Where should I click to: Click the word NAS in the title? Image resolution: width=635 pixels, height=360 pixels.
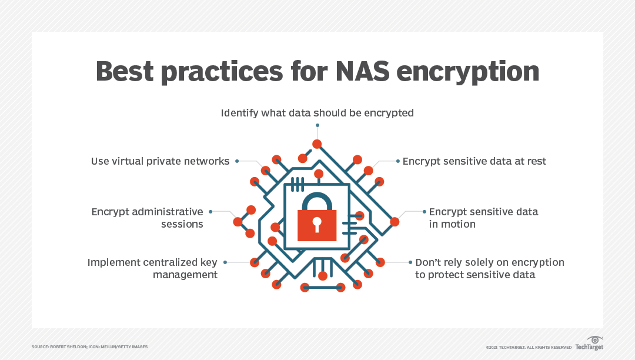[x=362, y=71]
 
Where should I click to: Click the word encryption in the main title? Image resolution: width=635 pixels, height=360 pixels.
[x=468, y=73]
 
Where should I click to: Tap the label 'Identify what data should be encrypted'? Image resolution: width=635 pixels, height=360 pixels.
[x=317, y=113]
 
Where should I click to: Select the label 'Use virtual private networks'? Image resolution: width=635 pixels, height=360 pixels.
[x=160, y=161]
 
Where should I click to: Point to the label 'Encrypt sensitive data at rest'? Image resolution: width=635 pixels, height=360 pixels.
[x=474, y=161]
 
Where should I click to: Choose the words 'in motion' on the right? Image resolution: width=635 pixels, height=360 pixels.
[x=452, y=224]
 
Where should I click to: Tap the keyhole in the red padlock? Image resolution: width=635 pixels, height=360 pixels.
[x=317, y=224]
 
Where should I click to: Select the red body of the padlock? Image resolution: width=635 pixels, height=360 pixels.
[x=317, y=225]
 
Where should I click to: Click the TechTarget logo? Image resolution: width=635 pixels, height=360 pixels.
[x=589, y=344]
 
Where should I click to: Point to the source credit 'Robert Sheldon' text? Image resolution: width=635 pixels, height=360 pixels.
[x=68, y=347]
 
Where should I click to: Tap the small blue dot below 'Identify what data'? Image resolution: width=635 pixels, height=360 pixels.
[x=317, y=125]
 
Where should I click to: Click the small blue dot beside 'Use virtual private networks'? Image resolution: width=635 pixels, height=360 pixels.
[x=237, y=161]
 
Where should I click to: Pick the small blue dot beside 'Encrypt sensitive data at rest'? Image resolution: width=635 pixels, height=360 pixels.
[x=397, y=161]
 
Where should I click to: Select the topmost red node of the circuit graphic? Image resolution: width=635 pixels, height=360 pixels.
[x=317, y=144]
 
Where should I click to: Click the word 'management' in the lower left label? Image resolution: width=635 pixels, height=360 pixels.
[x=185, y=275]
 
